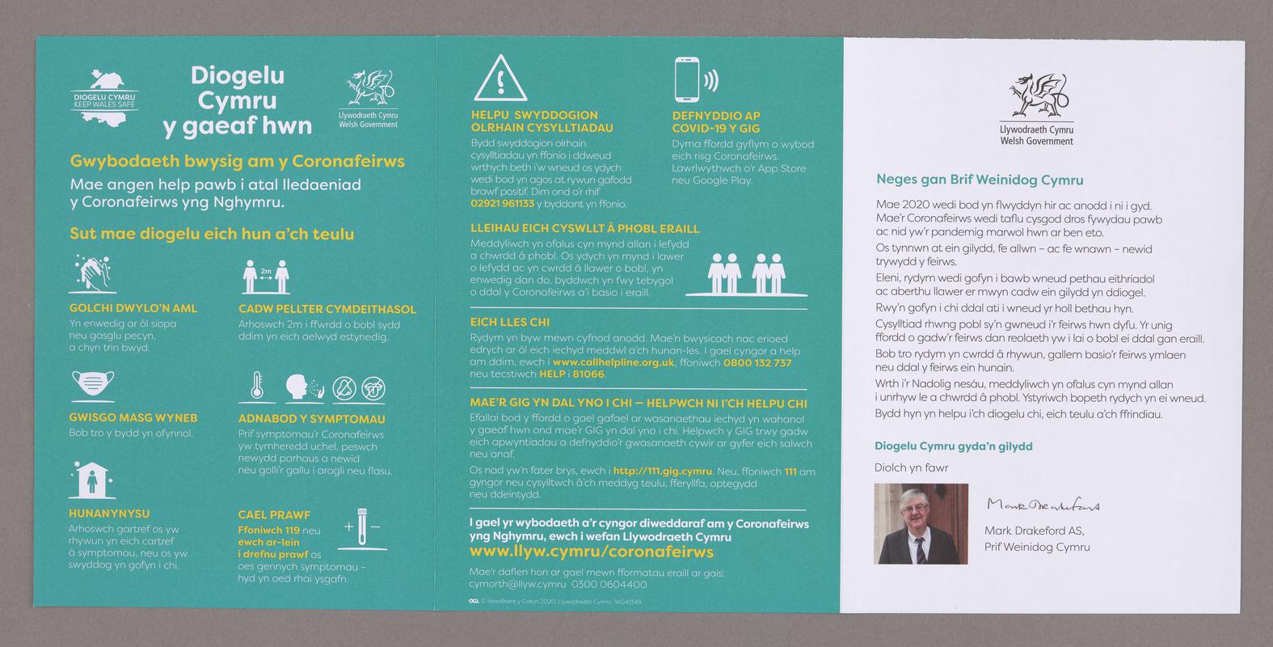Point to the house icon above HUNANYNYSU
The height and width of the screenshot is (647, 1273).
[90, 480]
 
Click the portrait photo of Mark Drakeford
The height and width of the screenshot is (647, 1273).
[921, 523]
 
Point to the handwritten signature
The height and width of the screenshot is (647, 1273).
[1043, 505]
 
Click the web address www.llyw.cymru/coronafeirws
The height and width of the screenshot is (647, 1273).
[592, 552]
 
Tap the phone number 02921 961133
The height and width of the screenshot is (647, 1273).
[503, 204]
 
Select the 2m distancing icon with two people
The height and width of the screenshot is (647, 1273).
[266, 277]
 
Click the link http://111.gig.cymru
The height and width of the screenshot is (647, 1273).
[662, 471]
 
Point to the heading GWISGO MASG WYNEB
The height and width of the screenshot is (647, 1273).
[133, 418]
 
